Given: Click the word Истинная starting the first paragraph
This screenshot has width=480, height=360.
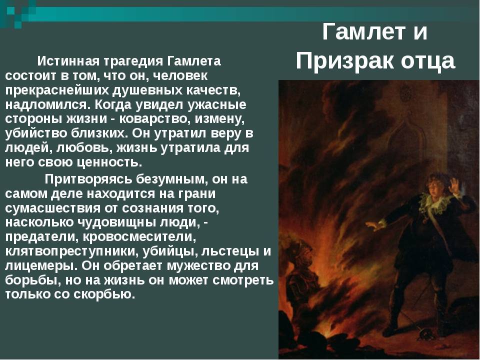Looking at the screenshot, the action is (68, 61).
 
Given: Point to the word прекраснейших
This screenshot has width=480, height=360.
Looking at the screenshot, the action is (57, 90).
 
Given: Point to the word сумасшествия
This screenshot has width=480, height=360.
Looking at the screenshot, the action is (52, 208).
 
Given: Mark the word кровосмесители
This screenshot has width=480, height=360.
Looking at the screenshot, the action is (139, 237).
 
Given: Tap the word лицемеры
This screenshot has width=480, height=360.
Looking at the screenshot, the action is (41, 265).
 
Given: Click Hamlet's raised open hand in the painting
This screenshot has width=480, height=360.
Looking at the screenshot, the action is (453, 186).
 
